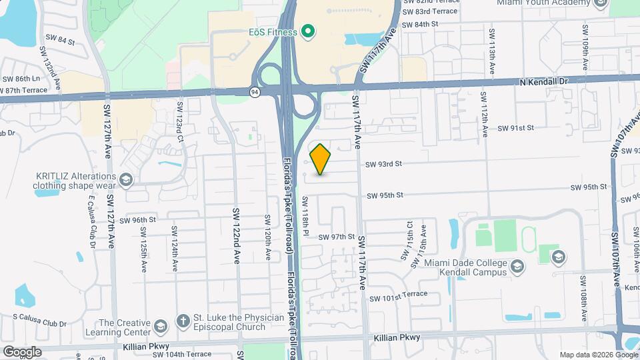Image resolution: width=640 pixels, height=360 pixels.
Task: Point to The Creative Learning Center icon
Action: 160,325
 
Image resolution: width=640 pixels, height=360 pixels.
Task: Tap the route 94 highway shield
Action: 255,93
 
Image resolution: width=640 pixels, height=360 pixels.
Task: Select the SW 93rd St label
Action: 383,164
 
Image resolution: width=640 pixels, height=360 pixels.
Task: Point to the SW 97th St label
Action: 336,237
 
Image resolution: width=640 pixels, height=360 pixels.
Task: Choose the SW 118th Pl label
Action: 306,216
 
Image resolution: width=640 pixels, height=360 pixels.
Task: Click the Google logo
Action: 22,351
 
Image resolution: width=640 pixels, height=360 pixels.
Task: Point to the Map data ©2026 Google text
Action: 597,355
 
